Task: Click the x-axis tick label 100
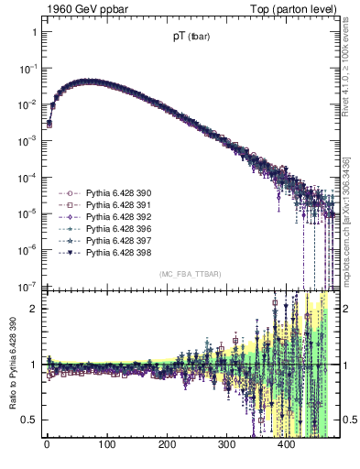106,447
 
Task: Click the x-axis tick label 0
47,447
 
